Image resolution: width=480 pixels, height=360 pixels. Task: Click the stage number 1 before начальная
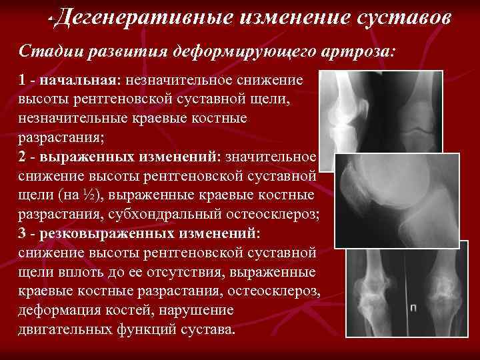pyautogui.click(x=23, y=81)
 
